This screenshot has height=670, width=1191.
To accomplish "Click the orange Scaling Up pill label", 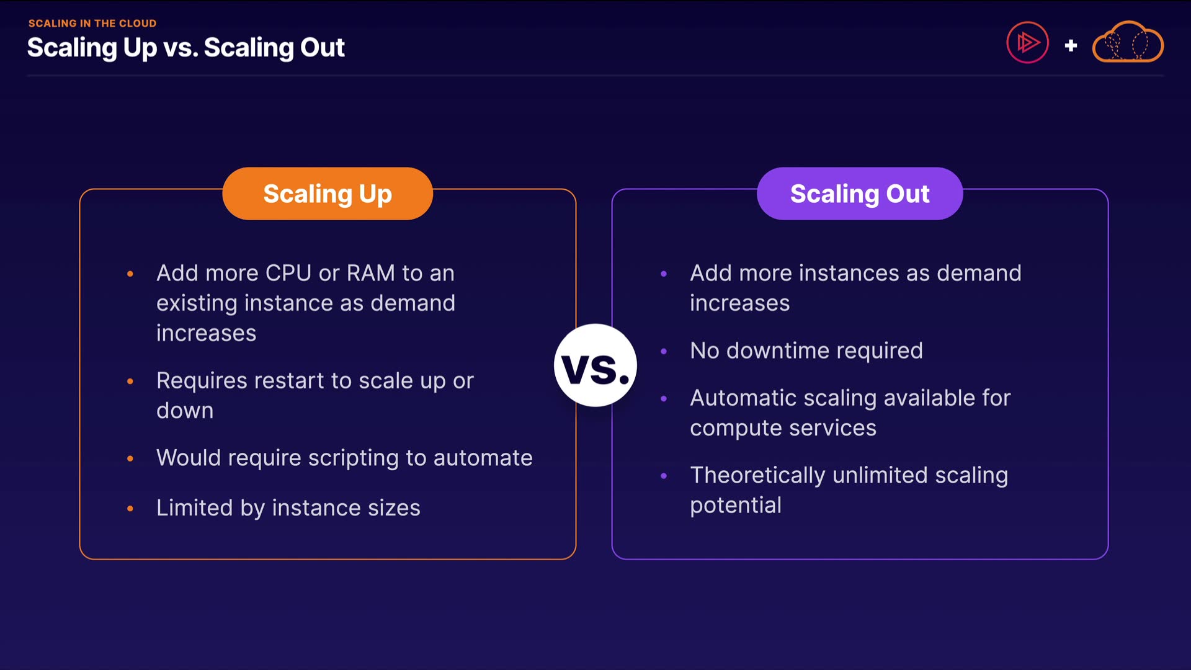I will [x=328, y=194].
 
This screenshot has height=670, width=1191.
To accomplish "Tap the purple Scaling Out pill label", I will [x=860, y=194].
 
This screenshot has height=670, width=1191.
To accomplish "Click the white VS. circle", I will [x=595, y=365].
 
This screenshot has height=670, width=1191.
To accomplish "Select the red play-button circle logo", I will [x=1027, y=43].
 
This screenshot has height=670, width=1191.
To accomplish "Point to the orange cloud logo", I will [x=1128, y=43].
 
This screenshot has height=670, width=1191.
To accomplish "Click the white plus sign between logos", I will [x=1071, y=45].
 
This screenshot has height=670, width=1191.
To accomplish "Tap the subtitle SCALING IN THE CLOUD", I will [x=92, y=23].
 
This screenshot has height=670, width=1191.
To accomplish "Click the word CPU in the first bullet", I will [x=288, y=273].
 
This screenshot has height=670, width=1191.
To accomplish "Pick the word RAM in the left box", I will [x=370, y=273].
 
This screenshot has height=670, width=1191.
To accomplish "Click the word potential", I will [x=736, y=506].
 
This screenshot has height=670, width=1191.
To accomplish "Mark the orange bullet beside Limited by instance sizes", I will [x=130, y=509].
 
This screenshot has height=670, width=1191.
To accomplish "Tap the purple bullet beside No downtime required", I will [x=664, y=351].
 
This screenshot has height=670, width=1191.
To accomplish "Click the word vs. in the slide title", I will [x=181, y=48].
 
